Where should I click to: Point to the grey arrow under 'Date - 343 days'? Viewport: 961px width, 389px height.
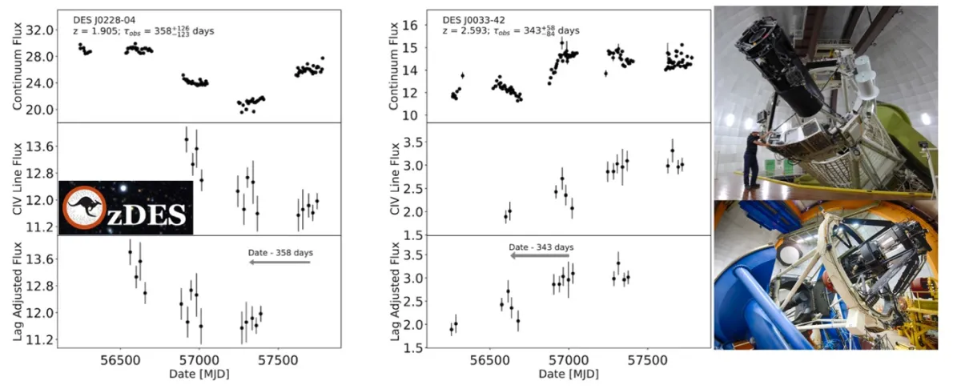coord(540,257)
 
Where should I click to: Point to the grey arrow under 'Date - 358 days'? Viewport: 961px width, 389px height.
coord(280,262)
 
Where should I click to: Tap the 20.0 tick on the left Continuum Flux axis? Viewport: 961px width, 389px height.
coord(38,109)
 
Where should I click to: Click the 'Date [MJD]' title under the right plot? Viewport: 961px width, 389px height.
coord(569,374)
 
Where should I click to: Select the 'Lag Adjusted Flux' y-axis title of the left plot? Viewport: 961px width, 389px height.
coord(18,293)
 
